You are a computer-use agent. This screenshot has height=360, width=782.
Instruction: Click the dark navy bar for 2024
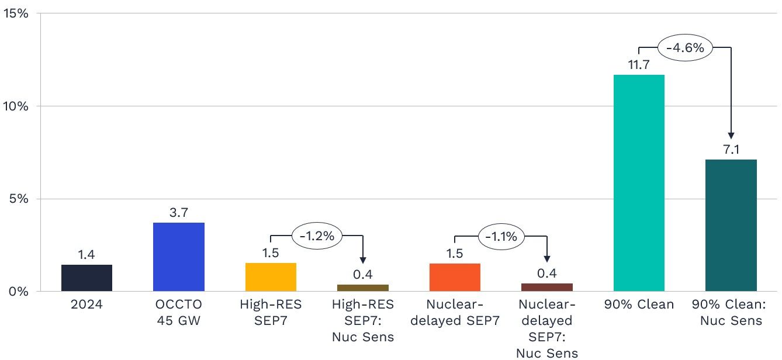[86, 278]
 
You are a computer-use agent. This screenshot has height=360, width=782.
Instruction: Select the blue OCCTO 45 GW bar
[179, 257]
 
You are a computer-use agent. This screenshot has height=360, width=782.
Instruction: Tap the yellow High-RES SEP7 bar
[271, 277]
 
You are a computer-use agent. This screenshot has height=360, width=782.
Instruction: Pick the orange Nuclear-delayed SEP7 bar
[455, 277]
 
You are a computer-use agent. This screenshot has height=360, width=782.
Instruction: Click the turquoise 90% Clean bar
[639, 183]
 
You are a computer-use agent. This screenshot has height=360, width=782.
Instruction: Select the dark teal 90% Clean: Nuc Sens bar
[731, 226]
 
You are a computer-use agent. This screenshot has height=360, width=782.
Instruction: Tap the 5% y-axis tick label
[19, 199]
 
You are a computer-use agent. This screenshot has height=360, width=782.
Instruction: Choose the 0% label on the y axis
[19, 291]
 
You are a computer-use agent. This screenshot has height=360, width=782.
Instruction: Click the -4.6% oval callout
[685, 47]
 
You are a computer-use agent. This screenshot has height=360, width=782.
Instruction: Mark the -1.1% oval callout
[501, 236]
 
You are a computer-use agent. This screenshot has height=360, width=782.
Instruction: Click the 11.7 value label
[639, 65]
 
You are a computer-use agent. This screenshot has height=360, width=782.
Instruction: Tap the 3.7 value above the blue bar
[179, 213]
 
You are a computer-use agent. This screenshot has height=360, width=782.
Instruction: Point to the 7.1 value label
[731, 150]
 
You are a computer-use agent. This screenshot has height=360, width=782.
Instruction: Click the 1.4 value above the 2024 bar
[86, 255]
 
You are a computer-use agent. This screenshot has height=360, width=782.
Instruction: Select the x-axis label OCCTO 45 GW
[179, 313]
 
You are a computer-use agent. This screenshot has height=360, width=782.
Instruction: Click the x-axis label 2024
[86, 304]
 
